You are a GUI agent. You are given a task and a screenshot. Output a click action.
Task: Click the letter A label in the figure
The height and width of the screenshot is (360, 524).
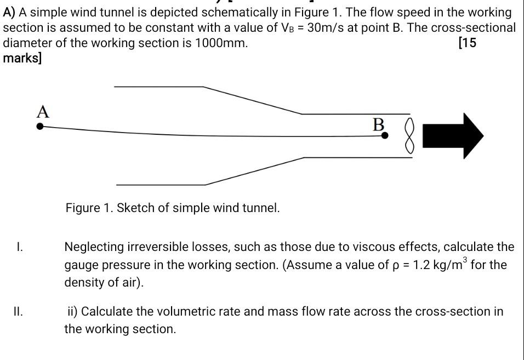pos(43,112)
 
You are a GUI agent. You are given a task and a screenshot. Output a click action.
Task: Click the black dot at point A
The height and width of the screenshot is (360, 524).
pos(40,126)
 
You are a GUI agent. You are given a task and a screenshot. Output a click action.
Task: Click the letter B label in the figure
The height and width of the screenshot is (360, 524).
pos(379,124)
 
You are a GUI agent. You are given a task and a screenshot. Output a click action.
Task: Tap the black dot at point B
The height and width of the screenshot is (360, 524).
pos(385,134)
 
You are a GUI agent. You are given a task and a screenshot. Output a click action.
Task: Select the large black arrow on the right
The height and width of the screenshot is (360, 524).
pos(454,136)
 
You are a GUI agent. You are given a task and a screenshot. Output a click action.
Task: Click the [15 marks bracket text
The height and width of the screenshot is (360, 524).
pos(466,43)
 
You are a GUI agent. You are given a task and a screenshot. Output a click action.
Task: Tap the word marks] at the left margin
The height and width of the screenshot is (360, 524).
pos(22,58)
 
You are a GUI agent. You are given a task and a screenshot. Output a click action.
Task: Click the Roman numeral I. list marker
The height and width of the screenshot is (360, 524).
pos(19,247)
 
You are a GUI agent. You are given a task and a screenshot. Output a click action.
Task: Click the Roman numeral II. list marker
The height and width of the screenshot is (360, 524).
pos(19,312)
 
